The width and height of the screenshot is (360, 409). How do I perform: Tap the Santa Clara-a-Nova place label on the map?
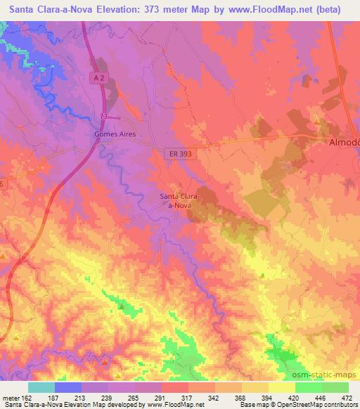(182, 200)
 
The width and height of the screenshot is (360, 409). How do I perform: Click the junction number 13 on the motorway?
(104, 117)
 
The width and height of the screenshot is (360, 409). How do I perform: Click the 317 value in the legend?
(186, 397)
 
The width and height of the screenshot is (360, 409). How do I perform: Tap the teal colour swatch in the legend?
(41, 387)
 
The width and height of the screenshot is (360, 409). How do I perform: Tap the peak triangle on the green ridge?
(121, 306)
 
